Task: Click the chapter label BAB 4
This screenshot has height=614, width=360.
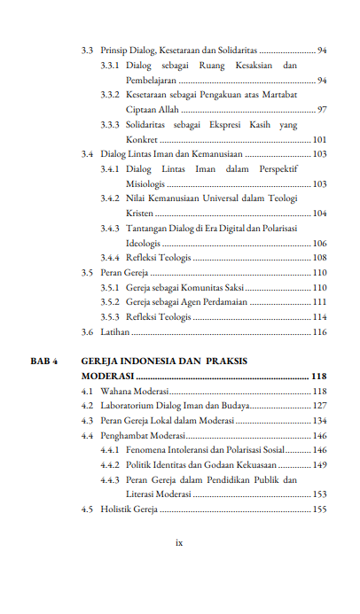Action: point(43,361)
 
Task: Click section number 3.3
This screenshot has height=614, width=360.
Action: point(87,51)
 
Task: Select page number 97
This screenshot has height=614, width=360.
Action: point(322,109)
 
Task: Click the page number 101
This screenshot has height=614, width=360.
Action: point(319,140)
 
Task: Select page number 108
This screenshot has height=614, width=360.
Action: point(319,257)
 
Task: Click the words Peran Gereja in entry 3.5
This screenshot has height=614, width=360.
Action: point(123,272)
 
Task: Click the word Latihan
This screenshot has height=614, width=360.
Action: point(115,332)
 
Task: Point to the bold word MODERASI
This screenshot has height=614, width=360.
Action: point(107,376)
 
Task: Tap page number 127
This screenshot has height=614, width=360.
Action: point(319,406)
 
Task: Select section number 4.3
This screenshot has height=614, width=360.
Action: point(87,420)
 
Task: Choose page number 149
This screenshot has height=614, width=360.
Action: point(319,464)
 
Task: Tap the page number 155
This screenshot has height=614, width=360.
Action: point(319,509)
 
